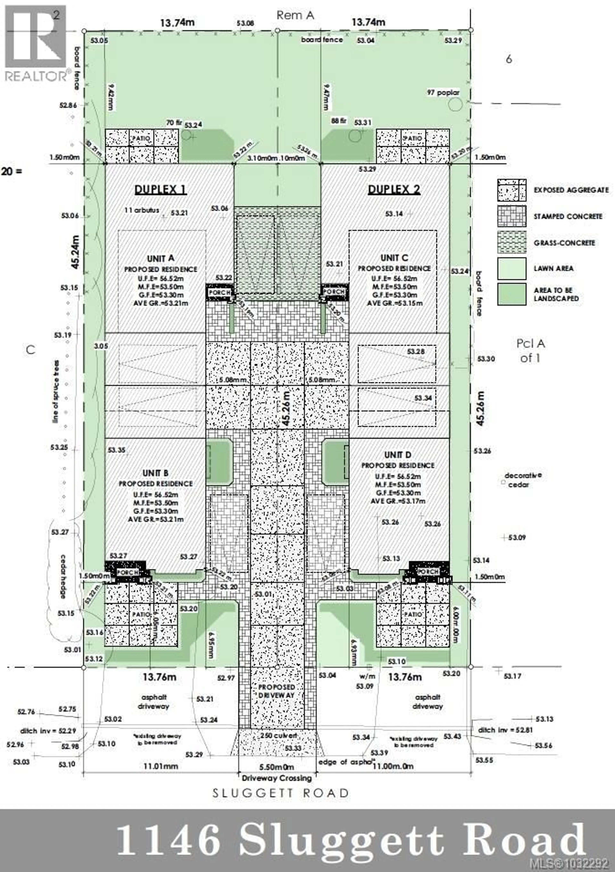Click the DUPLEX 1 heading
160,190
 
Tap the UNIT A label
161,258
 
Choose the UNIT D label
398,455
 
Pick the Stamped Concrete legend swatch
512,216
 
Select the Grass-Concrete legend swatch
512,242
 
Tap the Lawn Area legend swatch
512,268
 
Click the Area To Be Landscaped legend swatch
512,294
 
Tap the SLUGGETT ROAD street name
280,793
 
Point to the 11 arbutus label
142,210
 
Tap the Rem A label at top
295,15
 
